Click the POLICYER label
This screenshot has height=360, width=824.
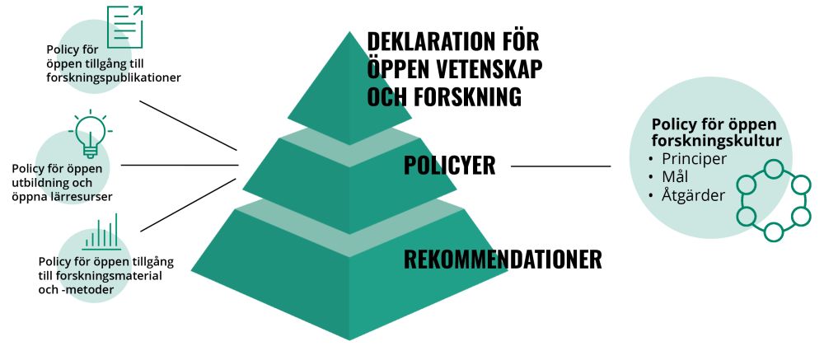pos(449,165)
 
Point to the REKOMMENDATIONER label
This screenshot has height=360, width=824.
pos(503,259)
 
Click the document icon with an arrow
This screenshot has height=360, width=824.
pos(124,26)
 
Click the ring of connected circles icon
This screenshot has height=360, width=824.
pos(774,201)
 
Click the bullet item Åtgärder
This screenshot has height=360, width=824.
pos(693,195)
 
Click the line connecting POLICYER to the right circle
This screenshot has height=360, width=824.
pos(560,166)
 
